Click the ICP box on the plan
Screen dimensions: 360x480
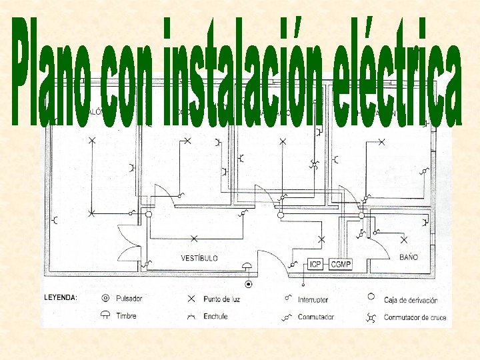point(315,265)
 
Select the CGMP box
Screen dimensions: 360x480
point(341,265)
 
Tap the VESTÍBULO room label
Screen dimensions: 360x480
point(199,258)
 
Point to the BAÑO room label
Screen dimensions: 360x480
point(409,257)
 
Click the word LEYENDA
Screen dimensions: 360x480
point(61,298)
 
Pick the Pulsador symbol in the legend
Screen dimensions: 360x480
point(105,298)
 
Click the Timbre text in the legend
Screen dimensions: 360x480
point(127,316)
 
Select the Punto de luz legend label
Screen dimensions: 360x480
point(222,299)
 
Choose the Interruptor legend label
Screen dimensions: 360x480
point(313,300)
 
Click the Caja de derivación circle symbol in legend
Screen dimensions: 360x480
point(371,297)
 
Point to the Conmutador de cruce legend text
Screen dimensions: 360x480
point(415,317)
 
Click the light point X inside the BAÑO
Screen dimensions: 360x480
point(403,239)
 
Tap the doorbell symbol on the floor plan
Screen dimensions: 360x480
point(248,267)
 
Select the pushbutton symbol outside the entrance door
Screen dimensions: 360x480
point(249,285)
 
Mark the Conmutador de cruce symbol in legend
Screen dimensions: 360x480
point(371,317)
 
